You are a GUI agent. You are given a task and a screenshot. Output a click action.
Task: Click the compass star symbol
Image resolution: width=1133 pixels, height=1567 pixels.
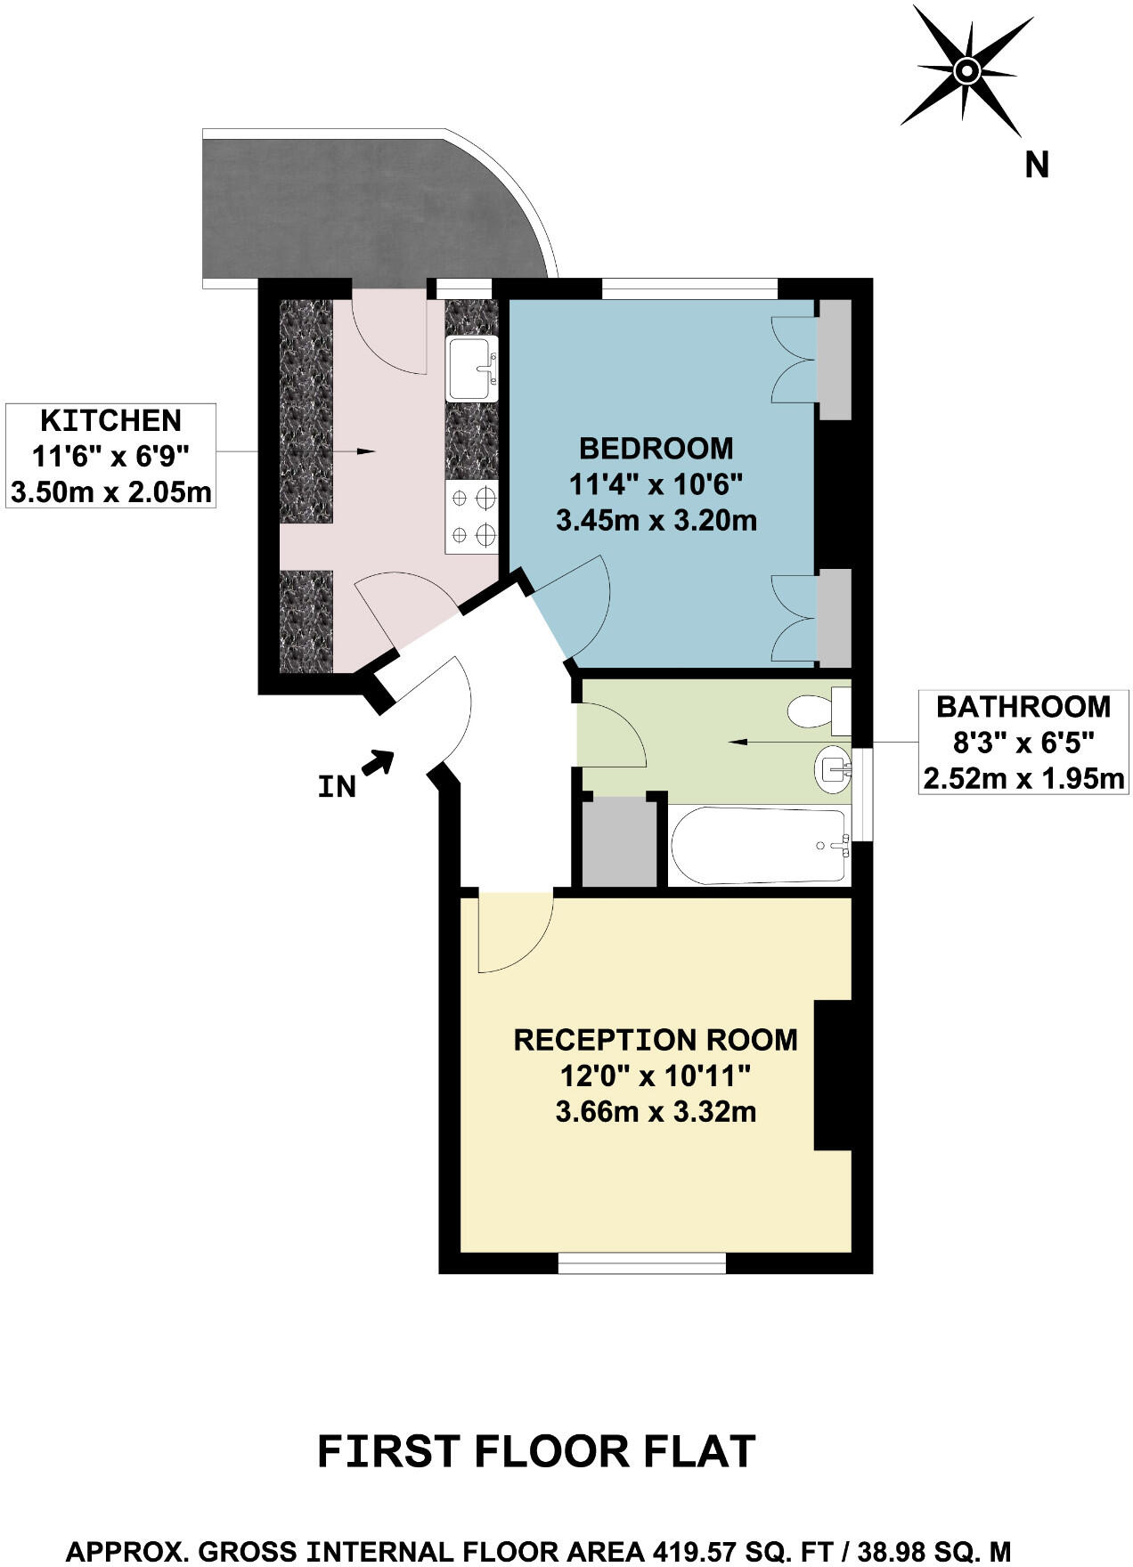966,71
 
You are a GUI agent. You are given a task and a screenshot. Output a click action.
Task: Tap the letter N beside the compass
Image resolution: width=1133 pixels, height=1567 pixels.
1036,166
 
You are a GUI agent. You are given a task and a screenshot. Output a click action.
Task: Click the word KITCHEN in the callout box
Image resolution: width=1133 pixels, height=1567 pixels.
111,420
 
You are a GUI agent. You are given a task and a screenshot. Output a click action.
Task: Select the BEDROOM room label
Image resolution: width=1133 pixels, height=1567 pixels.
656,448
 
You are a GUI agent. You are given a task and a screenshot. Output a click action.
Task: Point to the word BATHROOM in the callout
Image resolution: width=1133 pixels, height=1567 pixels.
1023,707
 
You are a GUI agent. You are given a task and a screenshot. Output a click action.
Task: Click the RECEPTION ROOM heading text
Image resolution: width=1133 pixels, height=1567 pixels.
656,1040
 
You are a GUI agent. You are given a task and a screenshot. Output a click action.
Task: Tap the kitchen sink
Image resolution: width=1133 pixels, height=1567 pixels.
472,369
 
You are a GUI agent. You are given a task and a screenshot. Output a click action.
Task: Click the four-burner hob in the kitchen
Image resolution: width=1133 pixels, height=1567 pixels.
472,518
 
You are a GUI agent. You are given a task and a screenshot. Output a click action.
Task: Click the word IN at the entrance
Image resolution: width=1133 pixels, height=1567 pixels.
337,787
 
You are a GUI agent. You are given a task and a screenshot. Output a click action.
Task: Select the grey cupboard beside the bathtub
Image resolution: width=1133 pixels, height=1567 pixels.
619,841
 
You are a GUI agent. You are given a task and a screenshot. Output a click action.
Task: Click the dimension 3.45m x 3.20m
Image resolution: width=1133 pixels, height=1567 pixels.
656,520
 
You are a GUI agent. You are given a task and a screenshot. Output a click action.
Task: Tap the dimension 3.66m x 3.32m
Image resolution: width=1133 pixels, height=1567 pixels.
656,1112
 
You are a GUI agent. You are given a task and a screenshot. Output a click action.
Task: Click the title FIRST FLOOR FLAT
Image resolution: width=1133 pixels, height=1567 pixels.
536,1450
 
